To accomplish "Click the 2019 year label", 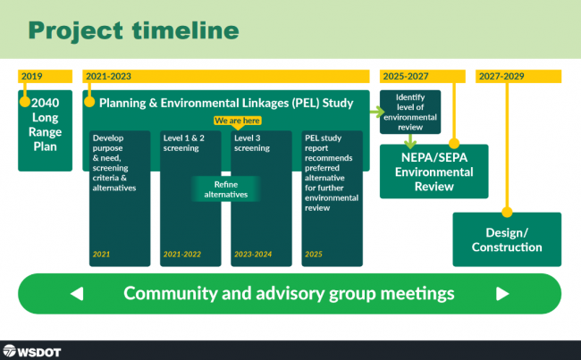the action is [x=31, y=76].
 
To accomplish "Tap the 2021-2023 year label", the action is [x=108, y=76].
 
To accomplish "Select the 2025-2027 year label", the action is [x=406, y=76].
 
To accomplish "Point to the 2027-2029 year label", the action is [x=501, y=76].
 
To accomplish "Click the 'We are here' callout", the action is [x=237, y=121].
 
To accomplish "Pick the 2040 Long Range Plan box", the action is [x=46, y=130].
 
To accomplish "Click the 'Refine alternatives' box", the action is [x=226, y=189].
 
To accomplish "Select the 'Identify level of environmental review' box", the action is [x=410, y=112].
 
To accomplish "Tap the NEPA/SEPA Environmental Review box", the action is [x=434, y=172].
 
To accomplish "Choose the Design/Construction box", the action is [x=507, y=239].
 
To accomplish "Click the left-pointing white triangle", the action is [x=77, y=294].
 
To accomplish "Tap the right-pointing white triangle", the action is [x=502, y=294].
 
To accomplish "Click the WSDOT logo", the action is [x=32, y=351].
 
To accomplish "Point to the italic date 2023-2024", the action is [x=253, y=255].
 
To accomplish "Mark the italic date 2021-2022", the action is [x=182, y=255].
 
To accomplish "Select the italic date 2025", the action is [x=314, y=255].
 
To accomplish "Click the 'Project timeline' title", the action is [x=133, y=30].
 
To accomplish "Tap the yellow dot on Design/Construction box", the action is [x=507, y=213].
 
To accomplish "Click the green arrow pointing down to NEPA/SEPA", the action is [x=410, y=141].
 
